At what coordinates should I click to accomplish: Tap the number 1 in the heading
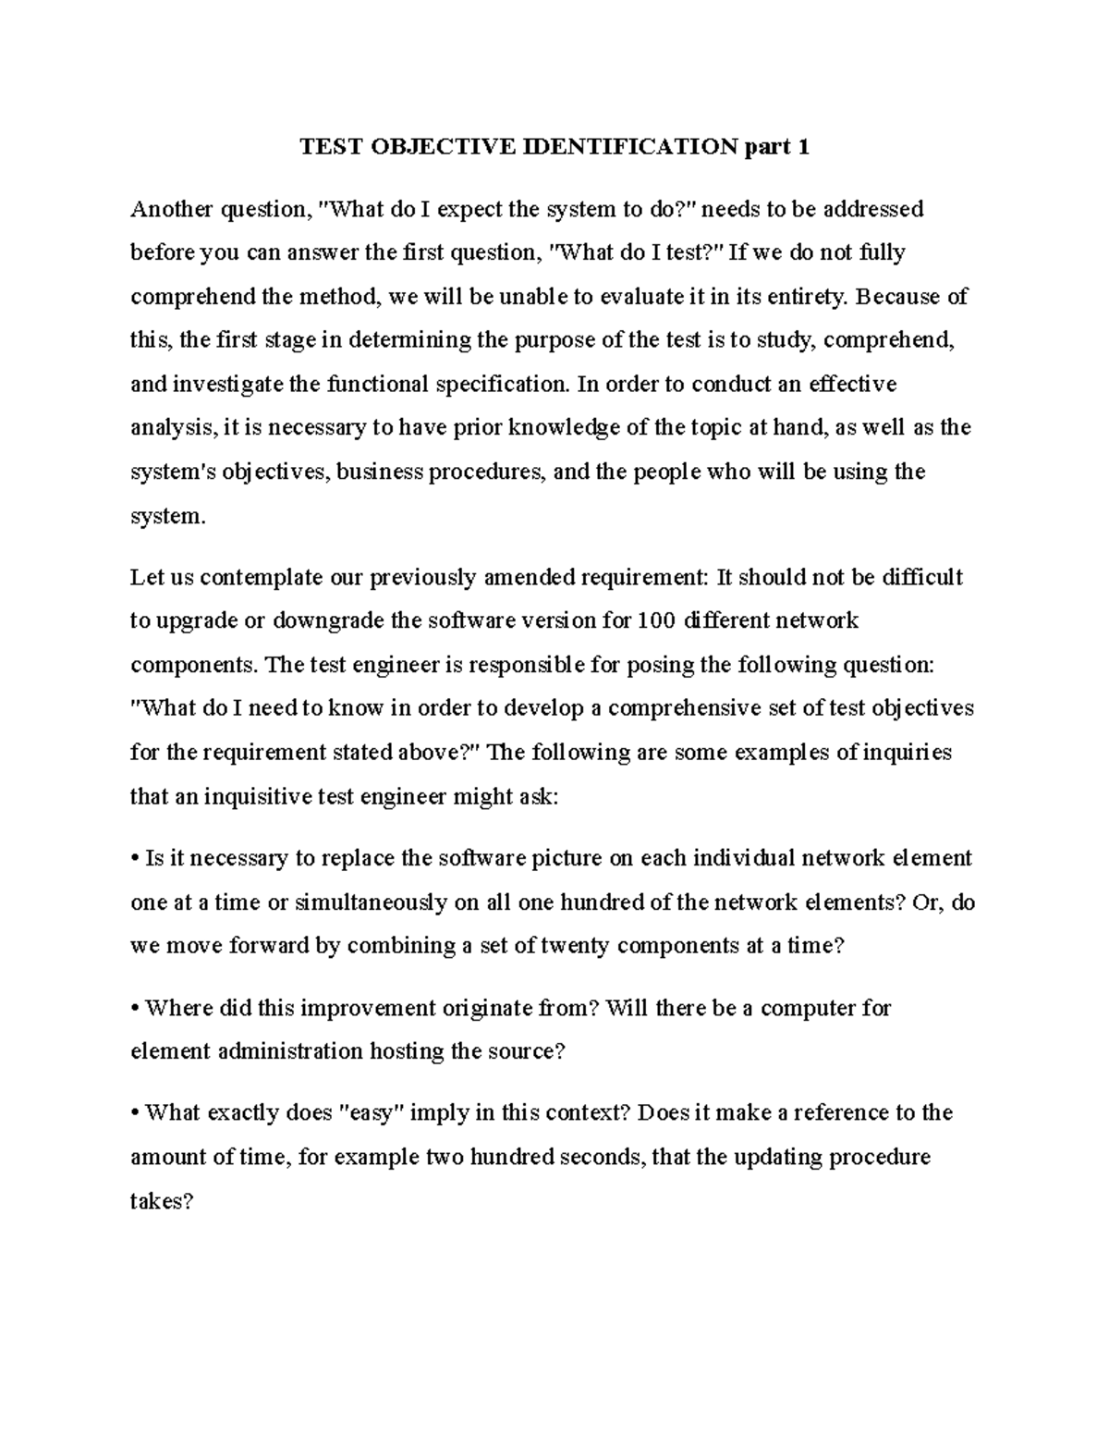click(803, 147)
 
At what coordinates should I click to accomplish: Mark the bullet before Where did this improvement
click(135, 1009)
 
